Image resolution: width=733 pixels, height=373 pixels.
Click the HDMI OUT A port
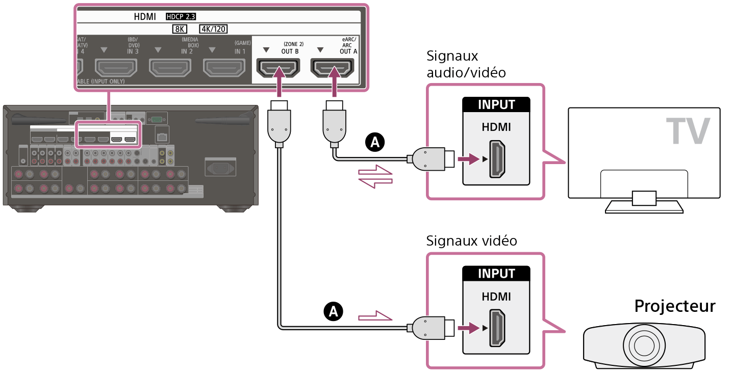coord(333,67)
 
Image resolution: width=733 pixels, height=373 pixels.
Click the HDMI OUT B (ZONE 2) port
coord(278,67)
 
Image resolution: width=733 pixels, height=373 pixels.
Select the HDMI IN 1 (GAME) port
coord(223,67)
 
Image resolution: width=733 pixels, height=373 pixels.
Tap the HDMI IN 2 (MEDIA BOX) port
coord(170,67)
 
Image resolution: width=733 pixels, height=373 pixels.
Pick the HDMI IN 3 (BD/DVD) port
coord(116,67)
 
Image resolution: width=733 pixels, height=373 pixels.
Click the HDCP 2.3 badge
coord(181,17)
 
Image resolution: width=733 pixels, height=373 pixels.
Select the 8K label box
coord(181,29)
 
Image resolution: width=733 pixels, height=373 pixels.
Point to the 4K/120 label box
coord(213,29)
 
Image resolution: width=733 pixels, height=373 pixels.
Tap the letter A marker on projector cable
coord(334,310)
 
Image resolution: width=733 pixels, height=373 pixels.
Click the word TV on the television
coord(688,131)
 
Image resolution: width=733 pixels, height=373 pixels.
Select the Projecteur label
coord(674,306)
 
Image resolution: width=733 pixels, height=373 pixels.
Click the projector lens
coord(645,345)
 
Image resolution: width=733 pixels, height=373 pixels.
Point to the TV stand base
coord(644,206)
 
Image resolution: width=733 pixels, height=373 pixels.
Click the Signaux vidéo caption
coord(472,241)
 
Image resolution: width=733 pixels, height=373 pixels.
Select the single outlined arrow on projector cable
coord(376,317)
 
